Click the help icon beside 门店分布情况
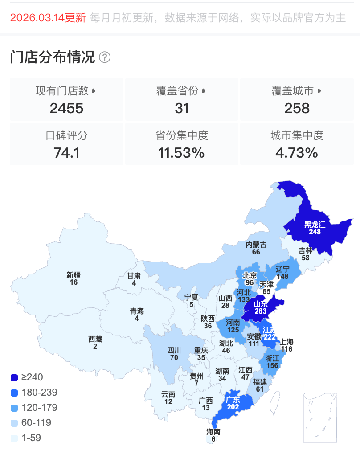click(105, 57)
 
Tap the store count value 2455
click(67, 108)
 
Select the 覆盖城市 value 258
click(297, 108)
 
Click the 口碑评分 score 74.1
click(67, 153)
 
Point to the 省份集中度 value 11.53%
click(182, 153)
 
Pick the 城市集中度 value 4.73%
click(297, 153)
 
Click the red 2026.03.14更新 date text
click(48, 18)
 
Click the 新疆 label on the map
click(74, 275)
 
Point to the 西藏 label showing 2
click(95, 340)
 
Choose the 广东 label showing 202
click(233, 400)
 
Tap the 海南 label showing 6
click(213, 432)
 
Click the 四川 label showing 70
click(174, 350)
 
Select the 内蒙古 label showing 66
click(256, 245)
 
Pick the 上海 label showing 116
click(286, 342)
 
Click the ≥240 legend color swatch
click(15, 378)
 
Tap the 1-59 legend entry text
click(31, 438)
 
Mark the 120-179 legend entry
click(39, 408)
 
